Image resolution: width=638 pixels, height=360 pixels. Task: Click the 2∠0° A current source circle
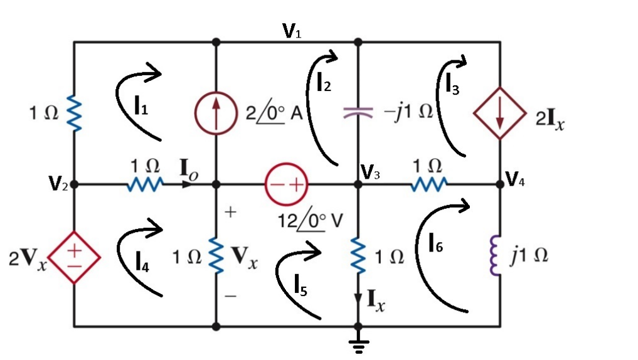pyautogui.click(x=216, y=114)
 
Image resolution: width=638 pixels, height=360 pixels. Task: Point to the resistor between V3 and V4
pyautogui.click(x=429, y=184)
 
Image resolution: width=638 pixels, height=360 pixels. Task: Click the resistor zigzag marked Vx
pyautogui.click(x=216, y=256)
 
